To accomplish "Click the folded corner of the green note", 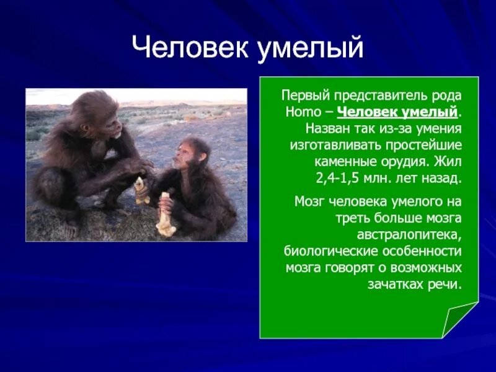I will (458, 320).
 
